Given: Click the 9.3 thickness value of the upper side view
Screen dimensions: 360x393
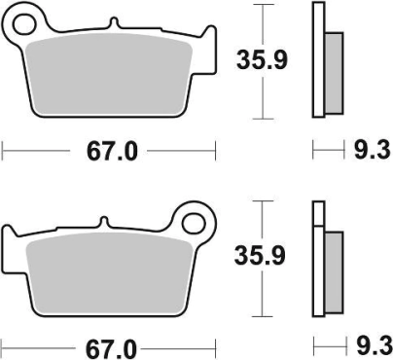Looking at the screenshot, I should pyautogui.click(x=369, y=151).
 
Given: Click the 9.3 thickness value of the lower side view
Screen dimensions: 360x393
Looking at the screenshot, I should pyautogui.click(x=369, y=345).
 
